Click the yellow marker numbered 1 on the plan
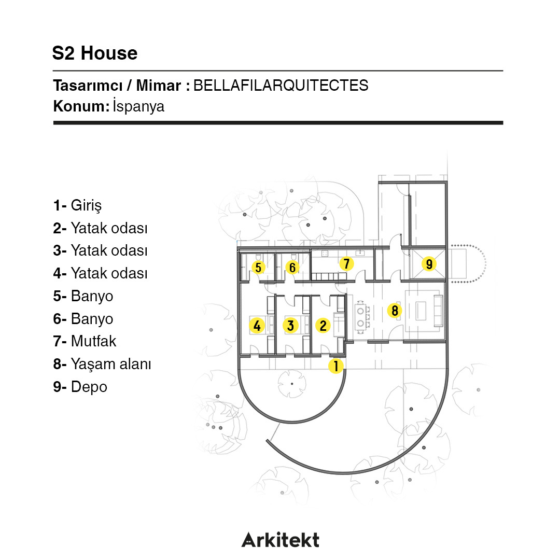[335, 366]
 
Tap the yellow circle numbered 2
[323, 325]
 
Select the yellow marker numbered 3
[290, 325]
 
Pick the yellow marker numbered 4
[257, 325]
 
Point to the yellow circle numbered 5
[258, 268]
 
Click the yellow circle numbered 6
[292, 268]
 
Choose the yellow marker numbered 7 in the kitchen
[346, 264]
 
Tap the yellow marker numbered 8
[395, 311]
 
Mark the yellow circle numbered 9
[429, 264]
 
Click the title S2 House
[95, 53]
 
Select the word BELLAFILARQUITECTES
[281, 86]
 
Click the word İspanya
[138, 106]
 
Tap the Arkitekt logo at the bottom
[281, 540]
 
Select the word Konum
[81, 106]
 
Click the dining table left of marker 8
[360, 317]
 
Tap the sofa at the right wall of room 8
[438, 311]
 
